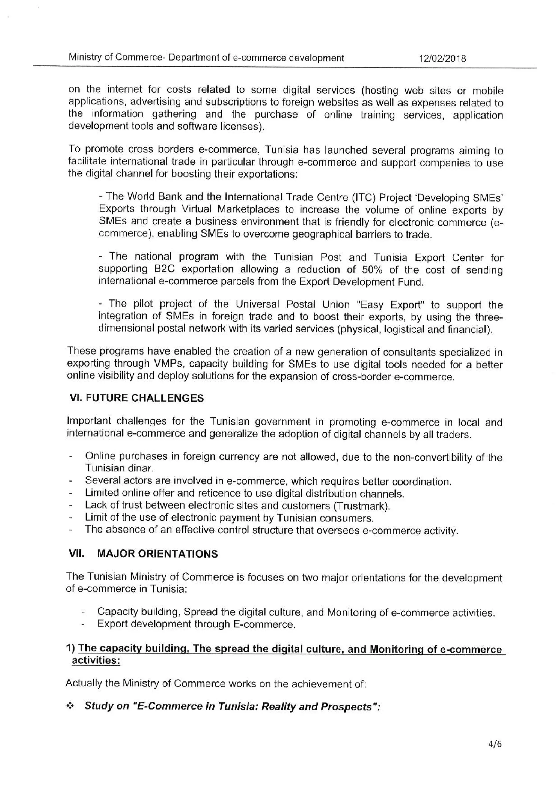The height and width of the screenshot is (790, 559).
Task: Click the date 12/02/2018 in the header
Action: [442, 58]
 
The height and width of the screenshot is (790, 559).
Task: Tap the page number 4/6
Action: [495, 744]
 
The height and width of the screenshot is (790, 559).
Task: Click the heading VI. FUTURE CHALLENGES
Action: [136, 398]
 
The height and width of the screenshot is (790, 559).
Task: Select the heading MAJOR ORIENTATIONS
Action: [157, 554]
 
